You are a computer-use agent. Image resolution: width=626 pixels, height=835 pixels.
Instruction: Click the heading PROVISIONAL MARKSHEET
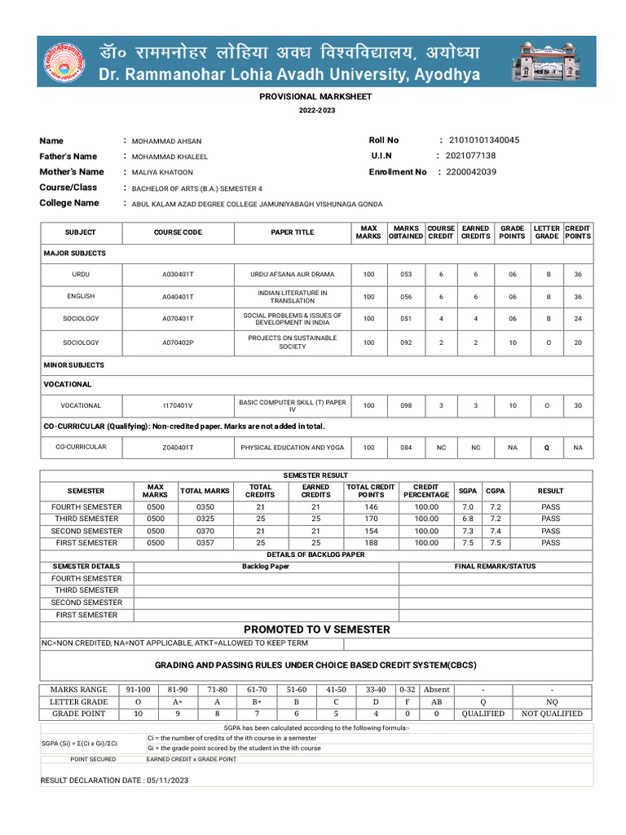click(315, 96)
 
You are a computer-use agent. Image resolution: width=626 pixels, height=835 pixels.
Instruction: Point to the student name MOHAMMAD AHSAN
click(166, 141)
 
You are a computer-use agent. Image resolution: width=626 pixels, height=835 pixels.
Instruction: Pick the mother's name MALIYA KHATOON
click(162, 172)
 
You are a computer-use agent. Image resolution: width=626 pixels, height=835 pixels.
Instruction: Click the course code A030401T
click(178, 274)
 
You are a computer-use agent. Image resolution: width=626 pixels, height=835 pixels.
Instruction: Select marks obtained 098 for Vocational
click(405, 405)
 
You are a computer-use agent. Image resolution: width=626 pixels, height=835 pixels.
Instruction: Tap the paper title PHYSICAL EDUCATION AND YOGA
click(292, 448)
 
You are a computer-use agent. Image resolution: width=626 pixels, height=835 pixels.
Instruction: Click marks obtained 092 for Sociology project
click(405, 342)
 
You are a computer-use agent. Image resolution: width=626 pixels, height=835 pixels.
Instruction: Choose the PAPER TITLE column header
click(292, 232)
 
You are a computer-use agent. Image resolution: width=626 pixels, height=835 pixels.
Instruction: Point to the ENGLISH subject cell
click(81, 297)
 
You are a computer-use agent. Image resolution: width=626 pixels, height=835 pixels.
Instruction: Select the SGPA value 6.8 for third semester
click(468, 519)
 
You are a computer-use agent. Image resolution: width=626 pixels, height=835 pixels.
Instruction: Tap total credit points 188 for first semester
click(371, 542)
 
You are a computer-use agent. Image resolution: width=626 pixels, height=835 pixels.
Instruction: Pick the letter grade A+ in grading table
click(172, 701)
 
